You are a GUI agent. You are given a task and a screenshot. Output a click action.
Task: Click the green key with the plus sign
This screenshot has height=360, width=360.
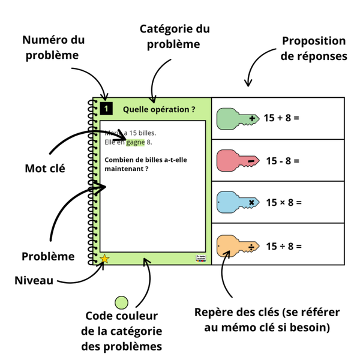point(236,118)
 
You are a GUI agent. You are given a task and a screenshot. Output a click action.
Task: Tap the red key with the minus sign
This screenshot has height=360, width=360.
point(236,160)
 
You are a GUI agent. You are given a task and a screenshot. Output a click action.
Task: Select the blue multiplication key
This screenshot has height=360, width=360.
point(236,203)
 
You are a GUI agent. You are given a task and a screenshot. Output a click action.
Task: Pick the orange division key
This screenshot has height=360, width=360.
point(236,245)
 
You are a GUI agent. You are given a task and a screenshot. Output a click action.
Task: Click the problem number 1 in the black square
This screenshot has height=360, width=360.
point(106,109)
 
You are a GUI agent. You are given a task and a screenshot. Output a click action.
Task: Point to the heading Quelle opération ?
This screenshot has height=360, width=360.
point(158,109)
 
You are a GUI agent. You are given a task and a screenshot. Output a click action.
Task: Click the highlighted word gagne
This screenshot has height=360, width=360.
point(136,142)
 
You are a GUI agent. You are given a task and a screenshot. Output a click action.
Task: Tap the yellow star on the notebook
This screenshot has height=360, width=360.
point(104,259)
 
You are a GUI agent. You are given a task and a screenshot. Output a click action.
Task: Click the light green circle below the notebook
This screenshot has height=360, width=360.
point(122,303)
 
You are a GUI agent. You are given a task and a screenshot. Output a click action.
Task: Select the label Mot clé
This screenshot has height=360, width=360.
point(44,169)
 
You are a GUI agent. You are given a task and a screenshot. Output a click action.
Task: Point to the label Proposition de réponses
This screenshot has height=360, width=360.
point(314,49)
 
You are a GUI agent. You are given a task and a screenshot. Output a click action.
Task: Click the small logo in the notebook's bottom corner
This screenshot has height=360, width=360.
point(200,257)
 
